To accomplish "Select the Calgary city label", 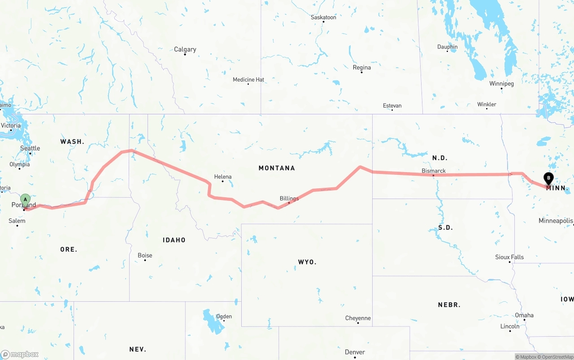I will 185,49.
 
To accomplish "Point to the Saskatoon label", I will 323,17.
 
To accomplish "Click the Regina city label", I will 362,68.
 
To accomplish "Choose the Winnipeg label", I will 501,84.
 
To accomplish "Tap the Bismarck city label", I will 434,171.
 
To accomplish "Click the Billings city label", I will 289,198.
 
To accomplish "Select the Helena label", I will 223,177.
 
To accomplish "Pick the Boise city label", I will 145,256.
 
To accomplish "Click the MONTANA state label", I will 277,168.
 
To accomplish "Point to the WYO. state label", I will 307,262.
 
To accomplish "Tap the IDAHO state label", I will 174,240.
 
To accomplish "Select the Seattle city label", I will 30,148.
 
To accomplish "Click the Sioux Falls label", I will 509,257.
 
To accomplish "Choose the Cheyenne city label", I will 358,318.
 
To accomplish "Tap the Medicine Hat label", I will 248,80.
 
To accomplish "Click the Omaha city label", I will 524,315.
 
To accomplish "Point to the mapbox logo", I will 20,354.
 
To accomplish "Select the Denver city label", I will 355,352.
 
